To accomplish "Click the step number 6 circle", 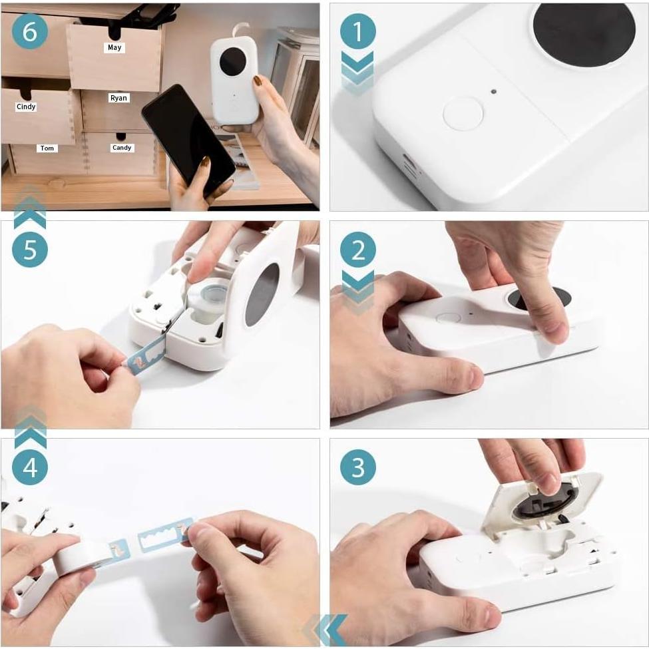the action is coord(30,31).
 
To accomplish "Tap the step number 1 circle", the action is coord(358,31).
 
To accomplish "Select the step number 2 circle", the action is coord(358,250).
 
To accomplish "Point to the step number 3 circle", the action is coord(358,467).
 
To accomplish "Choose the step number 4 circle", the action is coord(30,468).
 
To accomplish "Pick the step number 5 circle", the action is coord(30,250).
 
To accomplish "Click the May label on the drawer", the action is coord(114,48).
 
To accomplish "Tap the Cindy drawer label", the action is coord(26,107).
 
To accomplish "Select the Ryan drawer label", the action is coord(118,98).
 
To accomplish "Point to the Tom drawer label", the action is coord(47,148).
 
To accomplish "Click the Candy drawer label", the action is coord(122,148).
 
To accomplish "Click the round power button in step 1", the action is coord(463,114).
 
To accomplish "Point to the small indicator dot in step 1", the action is coord(493,91).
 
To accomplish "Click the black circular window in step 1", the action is coord(584,33).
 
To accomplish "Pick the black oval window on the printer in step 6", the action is coord(232,61).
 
